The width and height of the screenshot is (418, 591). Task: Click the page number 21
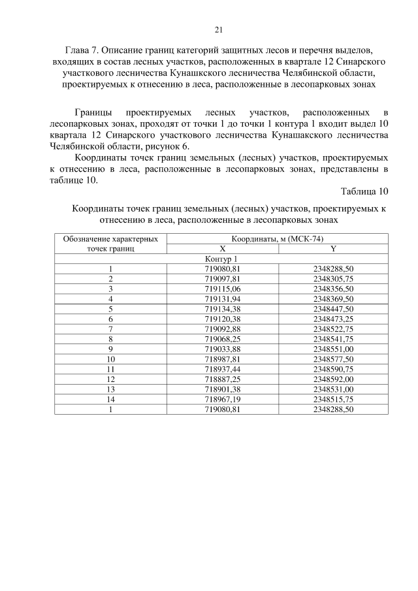coord(218,29)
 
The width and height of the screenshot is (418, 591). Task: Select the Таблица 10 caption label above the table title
coord(364,191)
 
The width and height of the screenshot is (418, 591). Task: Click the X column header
coord(222,249)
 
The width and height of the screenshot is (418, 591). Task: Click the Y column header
coord(333,249)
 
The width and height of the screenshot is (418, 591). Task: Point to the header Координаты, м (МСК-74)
coord(278,239)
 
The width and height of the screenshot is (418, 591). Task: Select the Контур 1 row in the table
coord(221,259)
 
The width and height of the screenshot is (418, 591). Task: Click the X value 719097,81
coord(222,278)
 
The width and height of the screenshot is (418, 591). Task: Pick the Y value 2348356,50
coord(333,288)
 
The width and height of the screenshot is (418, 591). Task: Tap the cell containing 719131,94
coord(222,298)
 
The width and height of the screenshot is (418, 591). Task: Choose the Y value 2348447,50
coord(333,308)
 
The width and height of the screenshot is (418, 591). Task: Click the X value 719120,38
coord(222,318)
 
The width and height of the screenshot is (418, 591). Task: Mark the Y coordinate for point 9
coord(333,349)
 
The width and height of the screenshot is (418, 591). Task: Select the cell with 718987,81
coord(222,359)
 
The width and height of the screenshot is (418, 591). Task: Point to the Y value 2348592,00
coord(333,379)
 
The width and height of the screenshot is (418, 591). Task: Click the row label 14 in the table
coord(110,399)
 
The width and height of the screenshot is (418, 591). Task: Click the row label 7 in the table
coord(110,328)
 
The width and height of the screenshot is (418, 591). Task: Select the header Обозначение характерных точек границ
coord(110,244)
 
